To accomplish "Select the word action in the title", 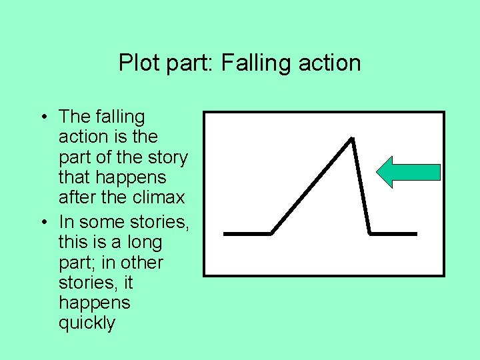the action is click(329, 63).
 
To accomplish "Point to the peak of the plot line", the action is click(351, 139).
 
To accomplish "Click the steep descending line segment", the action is click(361, 187).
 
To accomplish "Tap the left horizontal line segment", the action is click(247, 234).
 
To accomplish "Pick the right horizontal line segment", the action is click(393, 234).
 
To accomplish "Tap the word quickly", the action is click(87, 323).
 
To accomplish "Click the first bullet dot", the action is click(43, 117).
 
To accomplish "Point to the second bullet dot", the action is click(43, 221).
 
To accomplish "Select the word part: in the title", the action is click(187, 63).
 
